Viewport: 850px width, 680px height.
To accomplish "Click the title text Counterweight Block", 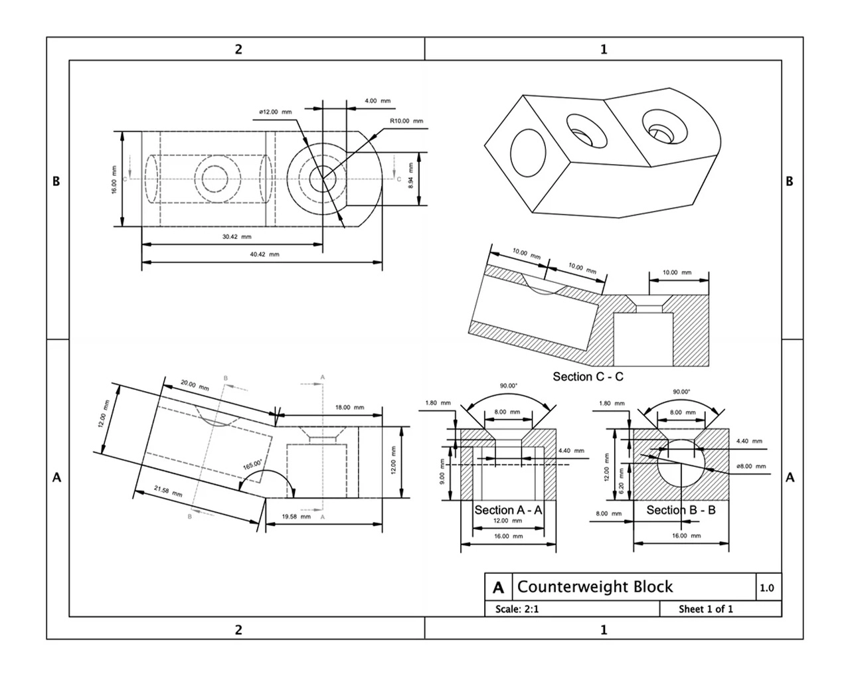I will click(594, 587).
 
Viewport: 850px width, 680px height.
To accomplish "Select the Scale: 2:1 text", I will click(517, 609).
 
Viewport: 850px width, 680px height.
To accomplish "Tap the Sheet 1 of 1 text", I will click(705, 609).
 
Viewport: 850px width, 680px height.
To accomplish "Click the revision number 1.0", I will click(767, 588).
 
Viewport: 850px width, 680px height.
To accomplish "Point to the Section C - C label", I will click(588, 377).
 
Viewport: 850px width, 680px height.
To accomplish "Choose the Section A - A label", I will click(508, 510).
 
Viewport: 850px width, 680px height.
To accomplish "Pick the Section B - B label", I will click(681, 510).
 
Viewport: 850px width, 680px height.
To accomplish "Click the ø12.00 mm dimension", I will click(275, 112).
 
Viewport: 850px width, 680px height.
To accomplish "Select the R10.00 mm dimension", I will click(406, 121).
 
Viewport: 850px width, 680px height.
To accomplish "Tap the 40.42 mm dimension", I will click(264, 254).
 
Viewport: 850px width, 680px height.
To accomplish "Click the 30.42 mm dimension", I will click(236, 236).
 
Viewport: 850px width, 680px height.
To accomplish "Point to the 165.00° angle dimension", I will click(252, 464).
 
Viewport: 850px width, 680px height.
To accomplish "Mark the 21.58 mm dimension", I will click(167, 492).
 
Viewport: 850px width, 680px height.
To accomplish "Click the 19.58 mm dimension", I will click(296, 516).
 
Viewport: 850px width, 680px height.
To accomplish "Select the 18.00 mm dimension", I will click(349, 407).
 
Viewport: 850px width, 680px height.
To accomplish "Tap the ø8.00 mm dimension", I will click(751, 466).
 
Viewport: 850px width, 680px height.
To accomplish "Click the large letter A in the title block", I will click(498, 588).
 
